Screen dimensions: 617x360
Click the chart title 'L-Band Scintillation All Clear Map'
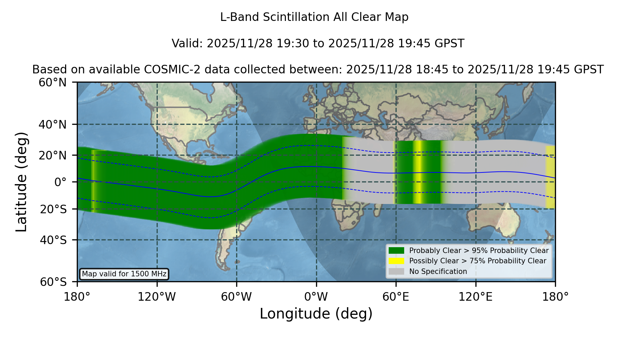314,17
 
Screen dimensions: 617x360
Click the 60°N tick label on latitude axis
53,83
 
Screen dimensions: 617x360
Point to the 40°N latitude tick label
53,124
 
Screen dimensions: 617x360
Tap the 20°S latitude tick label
53,209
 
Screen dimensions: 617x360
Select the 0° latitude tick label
60,182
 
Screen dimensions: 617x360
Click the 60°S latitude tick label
53,282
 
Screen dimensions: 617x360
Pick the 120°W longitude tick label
157,297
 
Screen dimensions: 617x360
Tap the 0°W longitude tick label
316,297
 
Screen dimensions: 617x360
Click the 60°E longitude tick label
396,297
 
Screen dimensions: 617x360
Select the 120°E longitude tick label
475,297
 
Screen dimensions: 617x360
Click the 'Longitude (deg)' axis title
316,314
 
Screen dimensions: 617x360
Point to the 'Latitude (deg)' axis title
21,182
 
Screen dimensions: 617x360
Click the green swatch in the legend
396,250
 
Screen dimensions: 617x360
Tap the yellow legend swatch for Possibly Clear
396,261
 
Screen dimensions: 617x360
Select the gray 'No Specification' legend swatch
396,271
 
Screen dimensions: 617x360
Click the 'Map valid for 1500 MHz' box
124,274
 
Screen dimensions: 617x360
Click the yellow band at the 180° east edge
550,177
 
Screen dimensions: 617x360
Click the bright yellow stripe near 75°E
418,172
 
